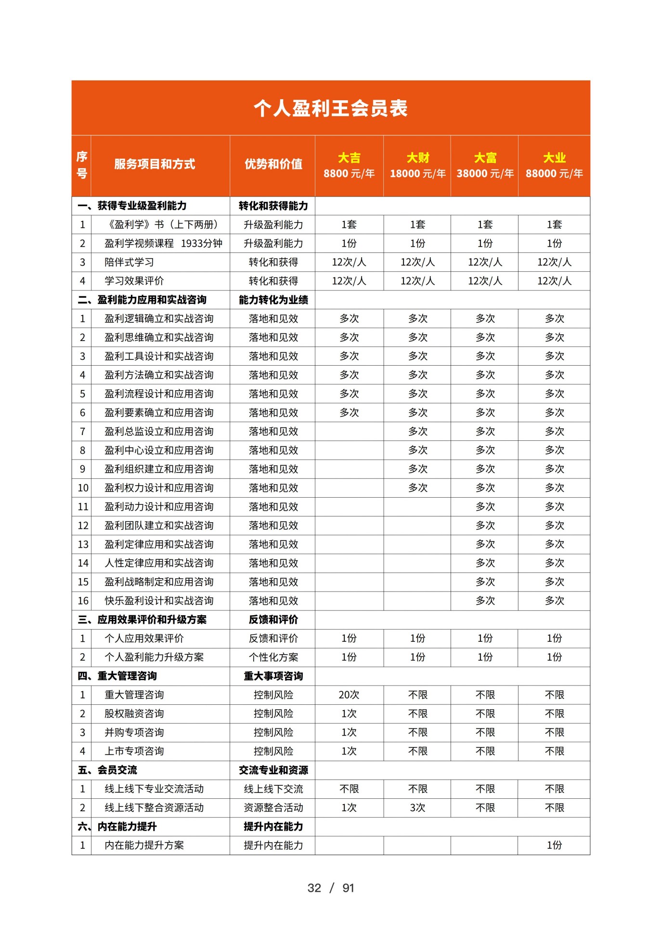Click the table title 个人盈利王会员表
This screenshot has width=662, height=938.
coord(330,108)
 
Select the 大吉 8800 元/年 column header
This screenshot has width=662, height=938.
coord(349,165)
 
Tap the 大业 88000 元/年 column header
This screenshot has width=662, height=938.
coord(554,165)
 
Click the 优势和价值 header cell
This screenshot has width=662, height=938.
coord(273,164)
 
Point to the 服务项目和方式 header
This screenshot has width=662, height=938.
coord(155,164)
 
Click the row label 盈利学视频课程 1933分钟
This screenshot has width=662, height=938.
coord(163,243)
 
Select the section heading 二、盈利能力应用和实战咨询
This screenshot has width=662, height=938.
coord(142,300)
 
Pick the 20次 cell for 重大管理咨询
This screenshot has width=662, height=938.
coord(349,695)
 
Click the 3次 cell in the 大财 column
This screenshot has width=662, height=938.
coord(417,807)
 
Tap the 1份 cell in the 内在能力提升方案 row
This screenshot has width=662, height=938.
coord(554,845)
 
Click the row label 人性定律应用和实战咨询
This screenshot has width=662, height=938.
coord(159,563)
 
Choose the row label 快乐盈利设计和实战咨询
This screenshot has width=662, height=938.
coord(159,600)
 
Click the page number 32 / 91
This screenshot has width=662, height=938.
coord(330,888)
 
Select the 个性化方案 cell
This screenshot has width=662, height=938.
coord(273,657)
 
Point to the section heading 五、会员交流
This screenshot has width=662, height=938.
coord(107,770)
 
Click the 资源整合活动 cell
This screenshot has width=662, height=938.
coord(273,807)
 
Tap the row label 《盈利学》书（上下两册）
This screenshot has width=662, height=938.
coord(163,225)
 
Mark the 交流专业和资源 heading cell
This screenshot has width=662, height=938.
coord(273,770)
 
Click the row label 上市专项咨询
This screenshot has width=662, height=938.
coord(134,751)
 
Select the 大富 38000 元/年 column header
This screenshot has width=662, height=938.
coord(485,165)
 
